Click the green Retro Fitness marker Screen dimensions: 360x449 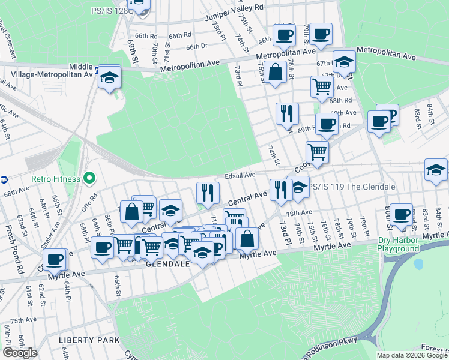[x=89, y=178]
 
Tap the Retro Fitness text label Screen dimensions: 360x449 [x=56, y=178]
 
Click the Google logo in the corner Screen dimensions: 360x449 [x=20, y=353]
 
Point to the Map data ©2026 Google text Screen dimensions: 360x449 [x=411, y=355]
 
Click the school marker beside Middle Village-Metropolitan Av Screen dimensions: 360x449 [x=110, y=77]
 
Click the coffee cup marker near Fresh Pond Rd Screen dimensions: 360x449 [x=55, y=259]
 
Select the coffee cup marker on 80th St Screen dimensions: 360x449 [x=401, y=215]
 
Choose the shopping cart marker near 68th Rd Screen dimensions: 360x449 [x=322, y=86]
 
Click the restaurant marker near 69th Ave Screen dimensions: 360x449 [x=287, y=113]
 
